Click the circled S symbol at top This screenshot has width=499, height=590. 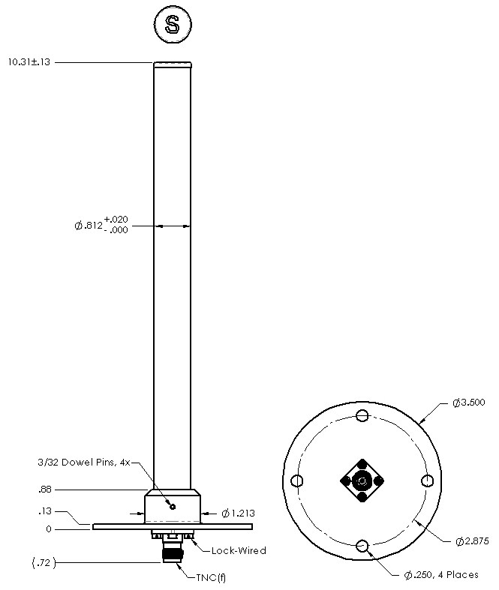pos(172,25)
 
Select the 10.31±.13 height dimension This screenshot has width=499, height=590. pos(29,62)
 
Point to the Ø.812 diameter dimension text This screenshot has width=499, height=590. pos(101,224)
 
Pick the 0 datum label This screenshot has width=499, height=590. pos(48,529)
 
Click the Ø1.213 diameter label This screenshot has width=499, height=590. pos(239,514)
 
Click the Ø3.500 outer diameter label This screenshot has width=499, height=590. pos(468,403)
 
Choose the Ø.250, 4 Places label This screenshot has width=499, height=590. pos(441,575)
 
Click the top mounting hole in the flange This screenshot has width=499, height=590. pos(362,416)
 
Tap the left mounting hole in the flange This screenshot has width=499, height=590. pos(297,481)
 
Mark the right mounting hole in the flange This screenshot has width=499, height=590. pos(428,481)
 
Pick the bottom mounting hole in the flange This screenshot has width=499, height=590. pos(362,546)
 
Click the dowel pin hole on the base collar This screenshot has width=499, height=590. pos(173,507)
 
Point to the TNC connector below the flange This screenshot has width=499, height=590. pos(173,553)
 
